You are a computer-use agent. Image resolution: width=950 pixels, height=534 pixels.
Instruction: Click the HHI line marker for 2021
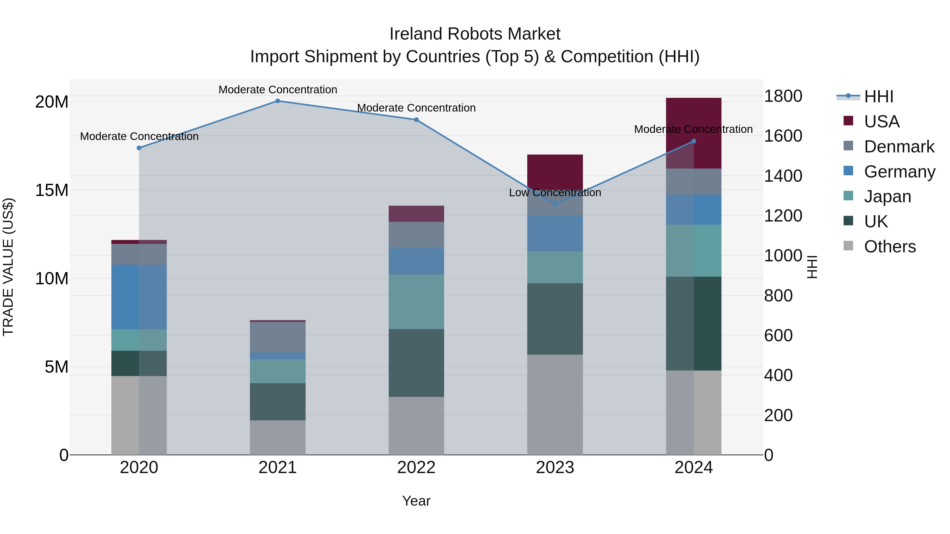[278, 101]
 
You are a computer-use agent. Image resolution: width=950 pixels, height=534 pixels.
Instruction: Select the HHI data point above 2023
[555, 204]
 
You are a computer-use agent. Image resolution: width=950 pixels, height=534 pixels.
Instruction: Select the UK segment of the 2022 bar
[416, 363]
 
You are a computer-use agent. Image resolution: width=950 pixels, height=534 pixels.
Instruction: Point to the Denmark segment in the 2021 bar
[278, 337]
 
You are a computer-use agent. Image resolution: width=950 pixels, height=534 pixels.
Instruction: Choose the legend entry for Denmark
[899, 147]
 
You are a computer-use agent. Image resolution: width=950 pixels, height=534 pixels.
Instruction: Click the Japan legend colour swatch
[848, 196]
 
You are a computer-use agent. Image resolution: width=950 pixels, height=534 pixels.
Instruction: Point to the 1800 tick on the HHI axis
[783, 96]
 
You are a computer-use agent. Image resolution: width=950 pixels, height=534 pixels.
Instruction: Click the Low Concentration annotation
[555, 193]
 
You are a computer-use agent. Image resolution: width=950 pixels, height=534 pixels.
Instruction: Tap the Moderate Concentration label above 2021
[278, 90]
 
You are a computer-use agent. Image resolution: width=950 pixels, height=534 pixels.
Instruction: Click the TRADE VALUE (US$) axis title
[8, 267]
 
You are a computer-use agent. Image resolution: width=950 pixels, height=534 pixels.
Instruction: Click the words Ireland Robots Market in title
[475, 34]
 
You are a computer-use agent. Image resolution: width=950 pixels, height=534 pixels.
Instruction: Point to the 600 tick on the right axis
[778, 336]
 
